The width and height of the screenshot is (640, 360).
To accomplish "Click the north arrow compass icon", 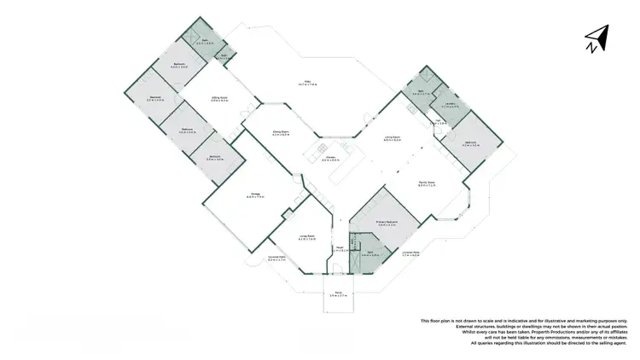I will point(596,38).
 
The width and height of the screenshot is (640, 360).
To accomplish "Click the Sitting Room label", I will point(220,98).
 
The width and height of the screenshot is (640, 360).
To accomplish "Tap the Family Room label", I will point(427,183).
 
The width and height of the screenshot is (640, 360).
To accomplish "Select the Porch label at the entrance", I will point(338,293).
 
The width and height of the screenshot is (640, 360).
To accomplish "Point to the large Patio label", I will point(307,83).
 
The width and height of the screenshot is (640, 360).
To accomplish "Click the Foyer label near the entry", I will point(339,249).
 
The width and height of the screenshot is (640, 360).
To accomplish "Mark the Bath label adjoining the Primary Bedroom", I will point(369,253).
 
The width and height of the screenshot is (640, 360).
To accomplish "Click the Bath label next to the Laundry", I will point(421,93).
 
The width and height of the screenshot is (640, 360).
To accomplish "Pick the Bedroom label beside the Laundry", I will point(470,142).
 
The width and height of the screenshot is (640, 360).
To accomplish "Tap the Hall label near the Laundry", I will point(438,121).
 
